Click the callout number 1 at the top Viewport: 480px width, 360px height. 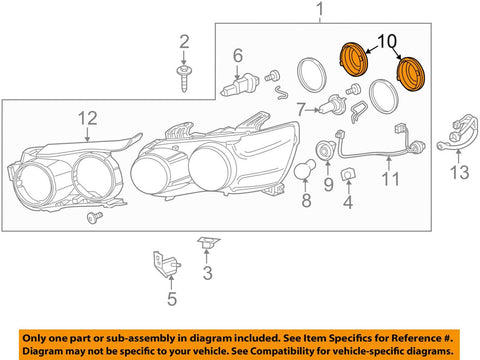[320, 9]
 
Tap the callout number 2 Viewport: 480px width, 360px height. [184, 42]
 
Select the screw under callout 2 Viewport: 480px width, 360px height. [184, 79]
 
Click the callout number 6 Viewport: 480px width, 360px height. [238, 55]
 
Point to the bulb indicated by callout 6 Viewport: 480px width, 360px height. [240, 85]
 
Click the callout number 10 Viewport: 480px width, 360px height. [387, 41]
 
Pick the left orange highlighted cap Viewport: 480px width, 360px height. [353, 60]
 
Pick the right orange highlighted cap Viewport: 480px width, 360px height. [411, 74]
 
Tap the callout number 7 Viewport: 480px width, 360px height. [301, 109]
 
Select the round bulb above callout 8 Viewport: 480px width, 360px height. [305, 169]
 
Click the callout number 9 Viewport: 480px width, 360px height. [328, 184]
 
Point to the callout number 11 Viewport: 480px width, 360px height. [390, 179]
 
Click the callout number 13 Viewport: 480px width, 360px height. [459, 172]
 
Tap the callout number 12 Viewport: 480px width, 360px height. [88, 118]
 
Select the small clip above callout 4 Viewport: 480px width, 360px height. [348, 174]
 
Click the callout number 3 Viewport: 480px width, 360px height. [207, 273]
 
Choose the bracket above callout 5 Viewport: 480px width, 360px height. [166, 264]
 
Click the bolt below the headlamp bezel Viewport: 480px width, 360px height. [95, 217]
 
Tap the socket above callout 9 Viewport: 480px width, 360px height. [325, 151]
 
